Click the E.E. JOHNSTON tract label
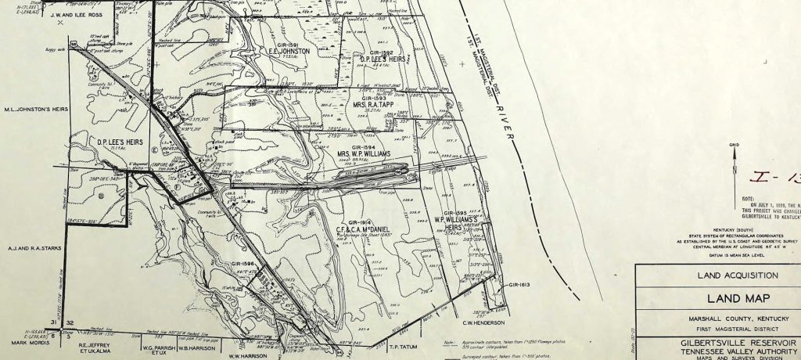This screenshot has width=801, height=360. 289,52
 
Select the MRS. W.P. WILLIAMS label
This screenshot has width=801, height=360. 364,154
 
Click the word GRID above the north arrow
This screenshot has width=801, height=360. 735,145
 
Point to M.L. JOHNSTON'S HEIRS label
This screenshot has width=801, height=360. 38,109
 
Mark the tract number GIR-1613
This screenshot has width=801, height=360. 518,286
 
